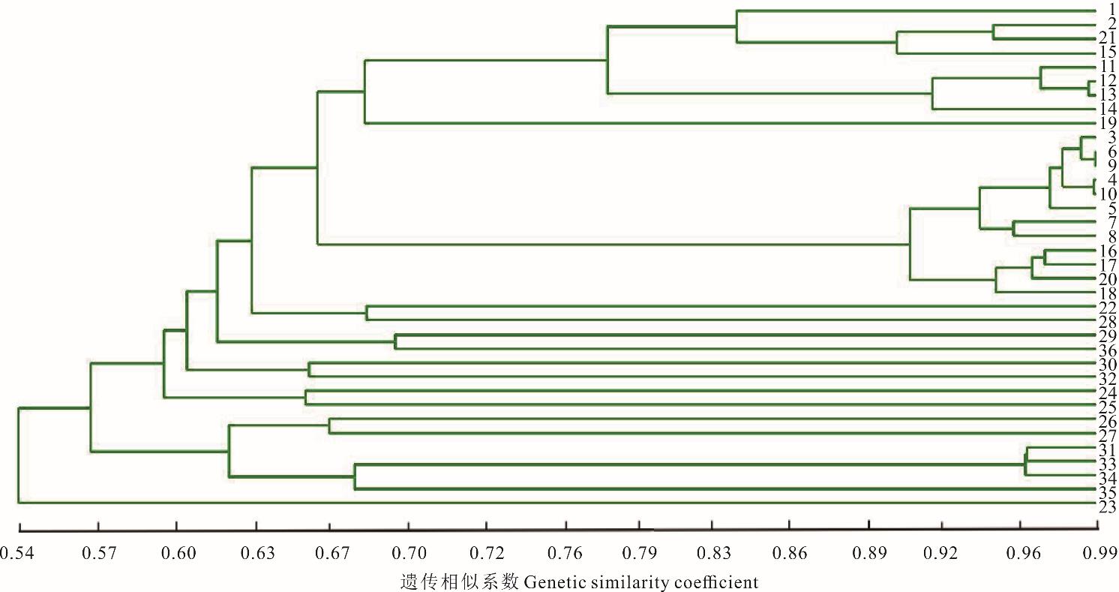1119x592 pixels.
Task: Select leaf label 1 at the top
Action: (x=1108, y=10)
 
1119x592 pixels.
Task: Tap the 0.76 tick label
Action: (x=566, y=554)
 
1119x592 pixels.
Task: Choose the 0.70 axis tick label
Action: (x=409, y=554)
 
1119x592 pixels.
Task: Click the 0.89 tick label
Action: (x=869, y=554)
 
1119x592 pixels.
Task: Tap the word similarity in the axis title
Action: (x=626, y=581)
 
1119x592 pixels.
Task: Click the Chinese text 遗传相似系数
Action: (x=460, y=581)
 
